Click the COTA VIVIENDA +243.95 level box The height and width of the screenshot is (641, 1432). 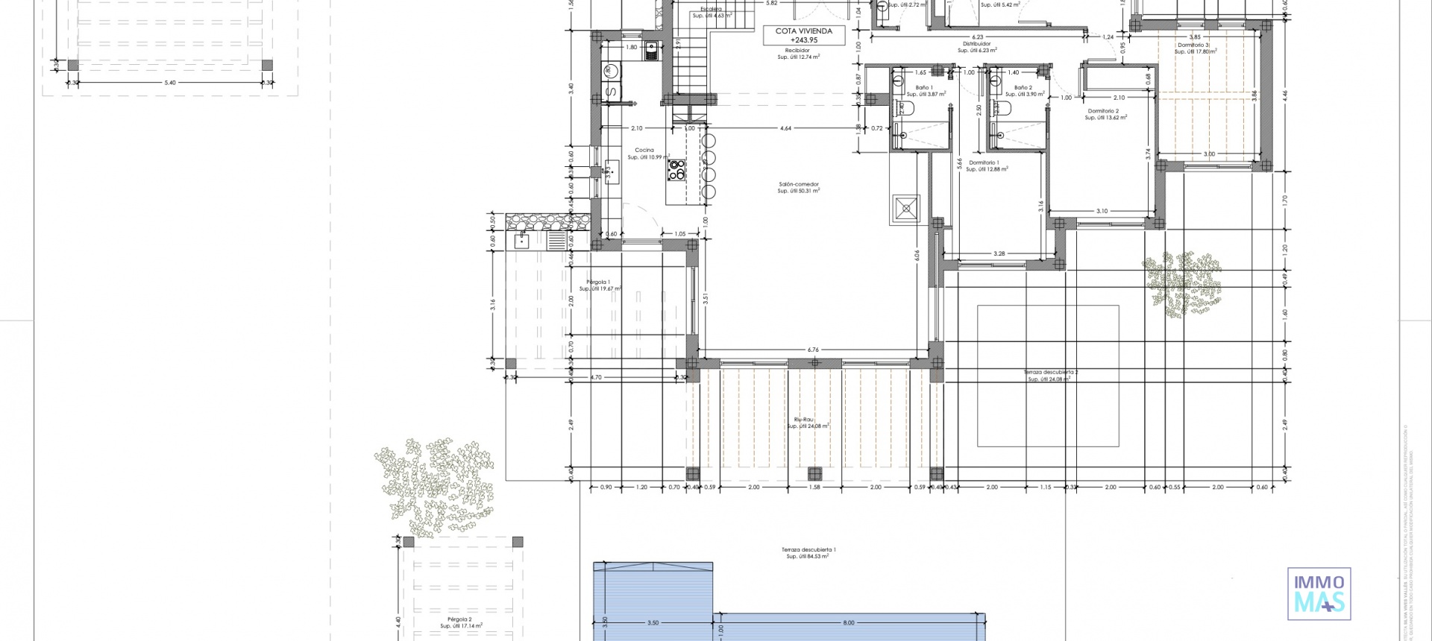pos(803,35)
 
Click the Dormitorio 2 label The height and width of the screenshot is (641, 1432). pos(1106,114)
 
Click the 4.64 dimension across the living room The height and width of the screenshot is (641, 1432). pos(785,128)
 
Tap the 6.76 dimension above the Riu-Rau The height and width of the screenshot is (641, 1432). pos(813,349)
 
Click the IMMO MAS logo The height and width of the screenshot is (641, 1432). pos(1319,593)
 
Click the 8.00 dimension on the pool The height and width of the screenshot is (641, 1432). pos(848,622)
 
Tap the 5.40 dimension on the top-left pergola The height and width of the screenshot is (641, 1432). pos(170,83)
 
